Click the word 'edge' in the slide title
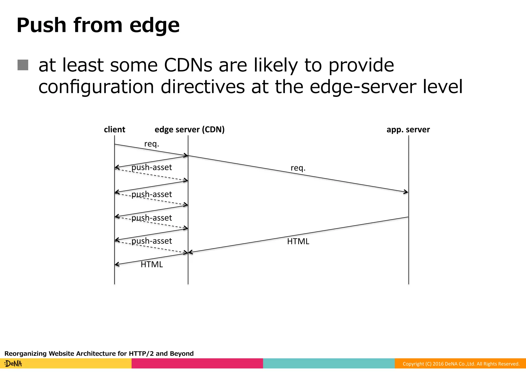pos(154,26)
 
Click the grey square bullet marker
pos(23,65)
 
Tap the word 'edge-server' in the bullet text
pos(363,87)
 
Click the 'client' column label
pos(114,129)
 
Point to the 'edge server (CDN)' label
pos(190,129)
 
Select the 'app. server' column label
pos(408,129)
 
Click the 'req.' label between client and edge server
pos(152,144)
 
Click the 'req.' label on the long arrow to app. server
pos(298,168)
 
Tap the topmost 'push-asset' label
pos(152,167)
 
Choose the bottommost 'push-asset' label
pos(152,241)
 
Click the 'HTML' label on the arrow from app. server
pos(298,241)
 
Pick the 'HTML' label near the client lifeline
pos(152,265)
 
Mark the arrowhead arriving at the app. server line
pos(406,192)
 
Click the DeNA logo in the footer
pos(13,364)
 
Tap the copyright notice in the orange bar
pos(461,364)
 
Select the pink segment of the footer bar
pos(197,363)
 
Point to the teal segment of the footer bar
pos(329,363)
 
